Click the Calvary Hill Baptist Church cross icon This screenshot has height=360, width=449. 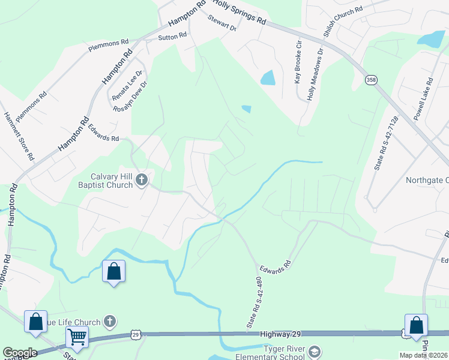[x=141, y=179]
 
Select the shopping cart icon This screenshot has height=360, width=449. [x=77, y=338]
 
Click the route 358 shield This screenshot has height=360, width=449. [x=372, y=80]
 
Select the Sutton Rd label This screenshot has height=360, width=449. [x=172, y=37]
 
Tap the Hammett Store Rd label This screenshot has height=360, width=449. [x=19, y=136]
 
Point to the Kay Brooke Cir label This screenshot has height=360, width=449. [x=297, y=62]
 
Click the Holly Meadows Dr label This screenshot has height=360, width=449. [x=311, y=74]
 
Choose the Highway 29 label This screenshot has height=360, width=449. [x=281, y=334]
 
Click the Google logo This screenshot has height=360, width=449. [x=20, y=353]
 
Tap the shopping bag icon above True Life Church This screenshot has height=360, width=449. [x=36, y=321]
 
